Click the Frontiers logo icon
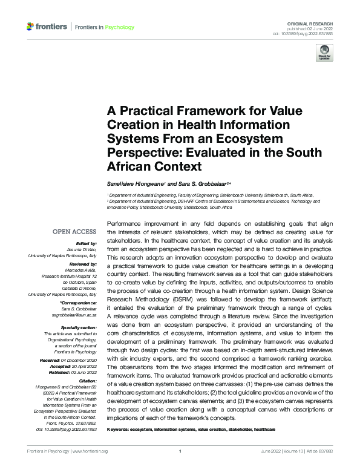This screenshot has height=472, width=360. (31, 27)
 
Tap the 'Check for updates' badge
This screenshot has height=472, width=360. (325, 54)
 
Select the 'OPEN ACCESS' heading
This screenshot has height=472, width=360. (74, 231)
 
